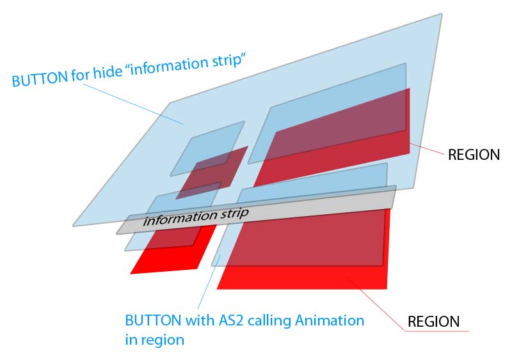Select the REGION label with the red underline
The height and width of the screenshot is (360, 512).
[x=434, y=322]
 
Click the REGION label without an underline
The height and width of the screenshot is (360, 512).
[x=474, y=155]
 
